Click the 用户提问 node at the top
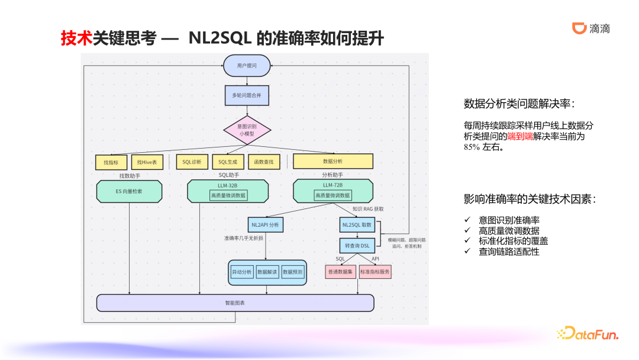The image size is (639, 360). point(247,65)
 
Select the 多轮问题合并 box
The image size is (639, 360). point(247,95)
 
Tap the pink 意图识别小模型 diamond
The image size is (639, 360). point(247,130)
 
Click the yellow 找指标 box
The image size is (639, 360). point(111,162)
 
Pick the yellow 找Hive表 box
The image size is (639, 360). point(146,162)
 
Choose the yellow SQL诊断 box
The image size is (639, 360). point(192,162)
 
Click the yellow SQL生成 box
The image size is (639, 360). point(228,162)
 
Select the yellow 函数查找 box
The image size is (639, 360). point(264,162)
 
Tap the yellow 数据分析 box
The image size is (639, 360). point(333,161)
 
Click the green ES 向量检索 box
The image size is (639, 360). point(129,191)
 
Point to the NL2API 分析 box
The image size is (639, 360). point(265,225)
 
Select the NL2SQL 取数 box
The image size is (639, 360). point(357,225)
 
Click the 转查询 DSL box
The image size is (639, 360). point(357,245)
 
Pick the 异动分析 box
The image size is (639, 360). point(241,272)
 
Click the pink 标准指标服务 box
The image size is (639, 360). point(375,272)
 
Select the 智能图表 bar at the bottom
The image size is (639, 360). point(235,303)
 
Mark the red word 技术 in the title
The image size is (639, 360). point(76,38)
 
